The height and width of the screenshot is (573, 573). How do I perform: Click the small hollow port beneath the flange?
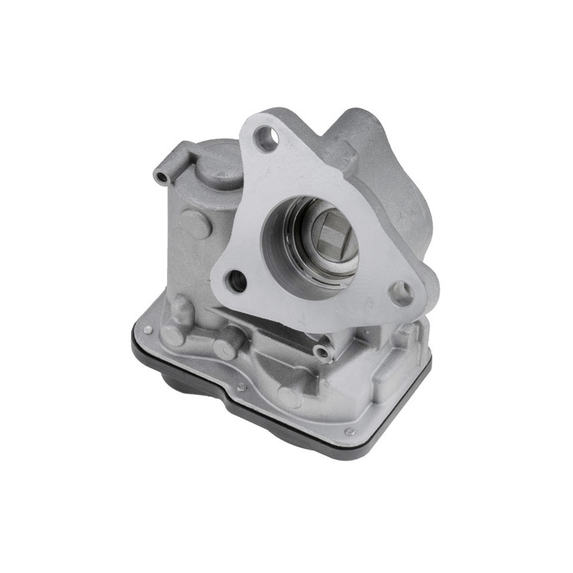click(322, 350)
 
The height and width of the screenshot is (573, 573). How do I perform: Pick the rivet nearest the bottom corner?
click(349, 431)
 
